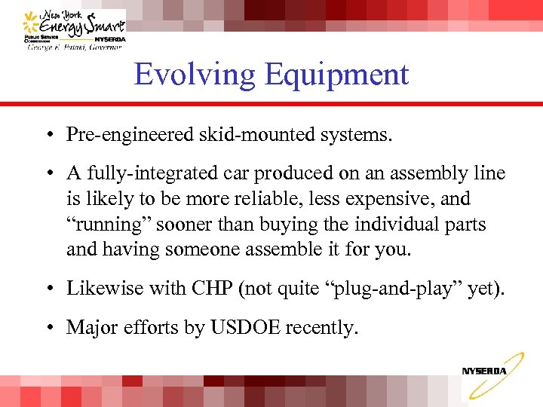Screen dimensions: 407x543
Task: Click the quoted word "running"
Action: coord(105,224)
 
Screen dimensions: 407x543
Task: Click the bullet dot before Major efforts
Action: coord(47,327)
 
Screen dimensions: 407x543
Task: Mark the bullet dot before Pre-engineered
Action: coord(47,135)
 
